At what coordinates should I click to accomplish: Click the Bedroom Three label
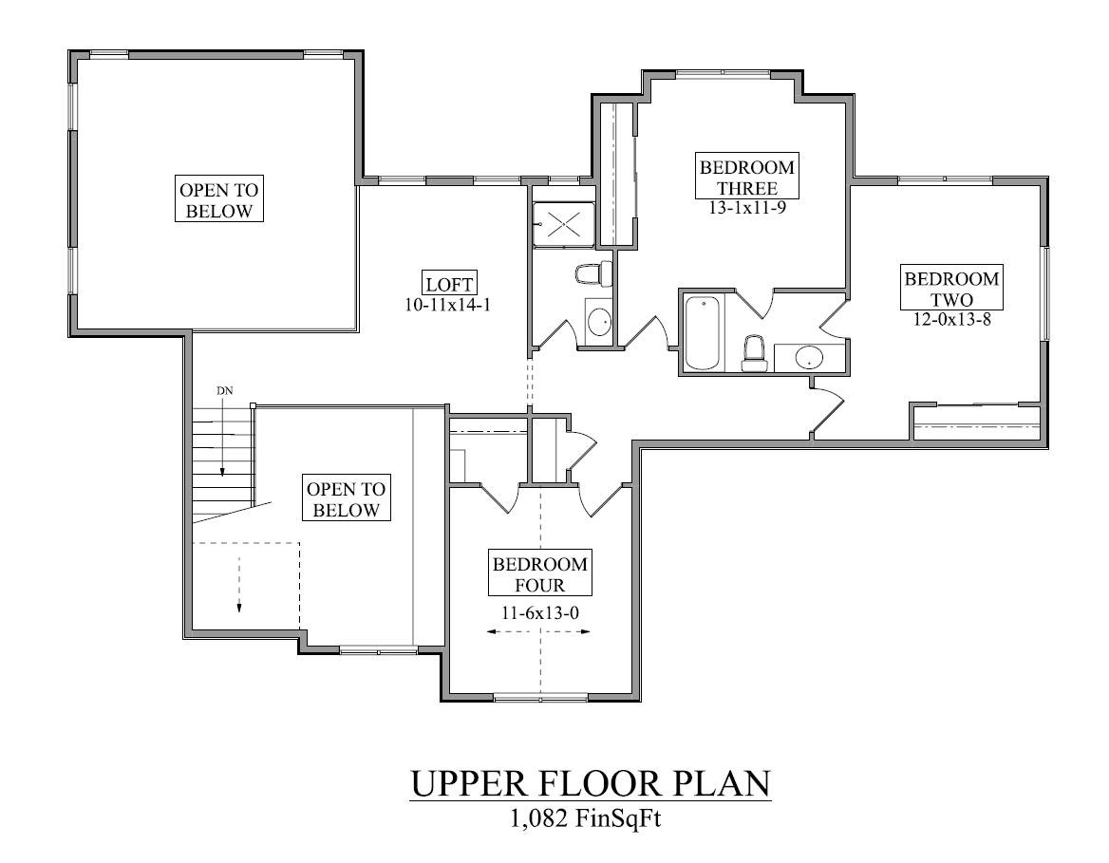[x=747, y=178]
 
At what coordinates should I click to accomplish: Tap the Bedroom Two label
[x=951, y=289]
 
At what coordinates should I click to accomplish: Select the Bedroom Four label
[x=539, y=574]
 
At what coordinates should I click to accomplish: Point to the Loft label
[x=449, y=285]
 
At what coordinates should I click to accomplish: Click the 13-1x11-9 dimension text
[x=747, y=209]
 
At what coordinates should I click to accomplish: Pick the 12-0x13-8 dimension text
[x=951, y=320]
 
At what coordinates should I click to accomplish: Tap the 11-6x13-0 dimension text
[x=539, y=612]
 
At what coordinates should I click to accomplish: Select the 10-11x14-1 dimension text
[x=448, y=305]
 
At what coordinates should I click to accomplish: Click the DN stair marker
[x=224, y=390]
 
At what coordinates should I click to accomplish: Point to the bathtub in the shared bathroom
[x=703, y=332]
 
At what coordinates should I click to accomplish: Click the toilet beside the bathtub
[x=755, y=354]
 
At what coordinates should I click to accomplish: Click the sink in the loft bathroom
[x=600, y=322]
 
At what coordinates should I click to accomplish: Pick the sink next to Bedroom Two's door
[x=808, y=359]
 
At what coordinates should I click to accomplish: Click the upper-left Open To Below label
[x=219, y=200]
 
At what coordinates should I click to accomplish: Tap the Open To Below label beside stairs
[x=347, y=499]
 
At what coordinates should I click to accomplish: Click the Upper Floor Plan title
[x=591, y=784]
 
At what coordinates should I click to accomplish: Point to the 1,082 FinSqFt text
[x=587, y=819]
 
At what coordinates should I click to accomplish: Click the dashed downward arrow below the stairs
[x=239, y=584]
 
